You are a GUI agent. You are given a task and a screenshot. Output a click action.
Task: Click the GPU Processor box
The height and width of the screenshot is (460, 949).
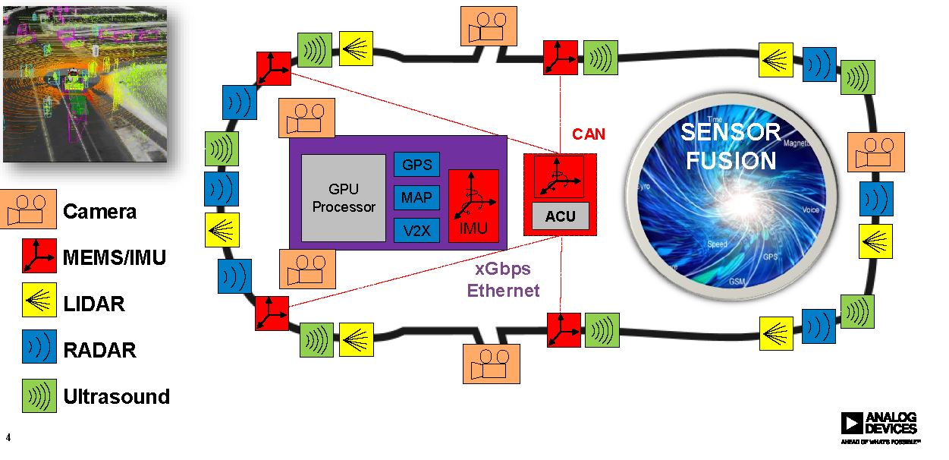click(x=344, y=198)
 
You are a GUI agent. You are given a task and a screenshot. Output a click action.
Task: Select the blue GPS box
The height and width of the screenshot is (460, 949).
click(x=416, y=165)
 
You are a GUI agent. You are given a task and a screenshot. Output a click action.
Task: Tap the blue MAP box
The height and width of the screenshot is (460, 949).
click(x=416, y=197)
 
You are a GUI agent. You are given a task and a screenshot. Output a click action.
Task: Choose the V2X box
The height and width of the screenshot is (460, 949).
click(x=416, y=230)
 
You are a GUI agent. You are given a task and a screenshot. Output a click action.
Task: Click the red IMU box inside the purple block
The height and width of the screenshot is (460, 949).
click(x=473, y=206)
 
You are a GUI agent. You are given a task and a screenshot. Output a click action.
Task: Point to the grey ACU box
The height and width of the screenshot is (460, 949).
click(x=560, y=216)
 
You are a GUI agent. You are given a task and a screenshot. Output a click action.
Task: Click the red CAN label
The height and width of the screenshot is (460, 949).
click(x=589, y=134)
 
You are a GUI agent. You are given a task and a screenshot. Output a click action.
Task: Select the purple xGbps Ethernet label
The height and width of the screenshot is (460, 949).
click(x=503, y=281)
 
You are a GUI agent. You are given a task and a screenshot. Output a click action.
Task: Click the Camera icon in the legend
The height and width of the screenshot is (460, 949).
click(x=29, y=210)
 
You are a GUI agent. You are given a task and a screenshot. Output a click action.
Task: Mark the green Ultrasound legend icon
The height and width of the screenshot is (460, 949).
click(x=39, y=395)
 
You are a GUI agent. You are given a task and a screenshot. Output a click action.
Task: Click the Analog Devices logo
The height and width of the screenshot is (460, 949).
click(x=879, y=427)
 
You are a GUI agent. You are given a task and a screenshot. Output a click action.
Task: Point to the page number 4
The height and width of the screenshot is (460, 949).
click(x=8, y=437)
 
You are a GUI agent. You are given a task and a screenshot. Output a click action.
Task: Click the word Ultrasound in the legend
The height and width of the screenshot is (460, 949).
click(x=116, y=396)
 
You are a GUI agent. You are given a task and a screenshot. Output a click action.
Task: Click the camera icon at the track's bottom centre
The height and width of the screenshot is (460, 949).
click(x=492, y=364)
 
